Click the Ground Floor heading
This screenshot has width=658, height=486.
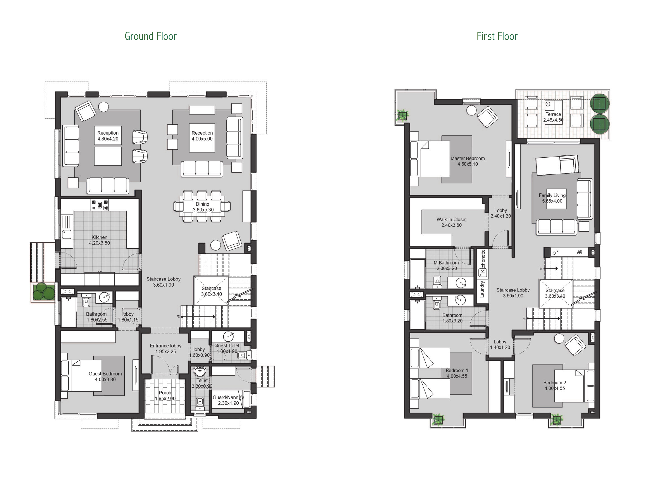click(x=151, y=36)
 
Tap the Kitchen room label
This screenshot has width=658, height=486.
click(x=99, y=237)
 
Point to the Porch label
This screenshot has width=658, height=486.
click(x=165, y=393)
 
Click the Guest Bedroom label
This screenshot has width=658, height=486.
click(x=105, y=374)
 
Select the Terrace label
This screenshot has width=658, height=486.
click(x=553, y=114)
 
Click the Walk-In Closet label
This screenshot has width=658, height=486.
click(x=451, y=219)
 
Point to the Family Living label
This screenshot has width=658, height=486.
click(x=552, y=195)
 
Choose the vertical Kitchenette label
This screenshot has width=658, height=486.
click(x=483, y=261)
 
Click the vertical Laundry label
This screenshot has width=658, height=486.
click(x=482, y=289)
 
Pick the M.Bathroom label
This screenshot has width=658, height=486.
click(x=446, y=263)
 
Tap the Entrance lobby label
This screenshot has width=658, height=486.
click(x=166, y=346)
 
